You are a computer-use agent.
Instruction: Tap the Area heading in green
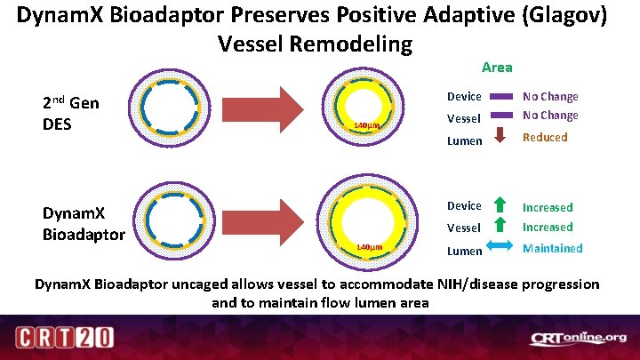497,68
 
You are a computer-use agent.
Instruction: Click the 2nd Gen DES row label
71,113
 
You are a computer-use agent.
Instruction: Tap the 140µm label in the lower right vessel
369,246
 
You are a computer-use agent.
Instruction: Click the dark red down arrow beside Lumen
500,136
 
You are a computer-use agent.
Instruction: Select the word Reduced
544,137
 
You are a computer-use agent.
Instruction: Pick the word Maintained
552,248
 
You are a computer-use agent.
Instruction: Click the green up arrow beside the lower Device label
500,205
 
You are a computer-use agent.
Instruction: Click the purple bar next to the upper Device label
500,96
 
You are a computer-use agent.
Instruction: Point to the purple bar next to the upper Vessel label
500,116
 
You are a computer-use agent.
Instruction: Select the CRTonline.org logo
578,338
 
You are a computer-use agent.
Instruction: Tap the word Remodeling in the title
358,44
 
